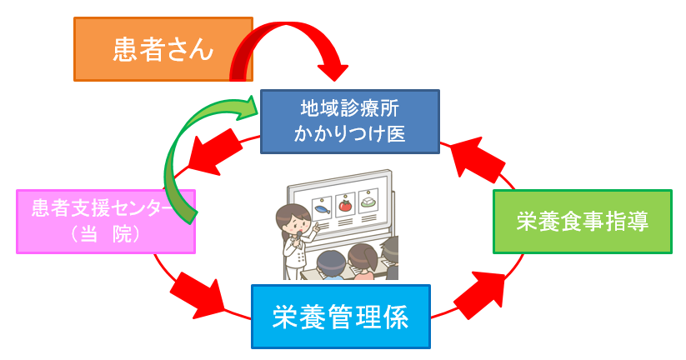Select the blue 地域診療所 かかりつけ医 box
pyautogui.click(x=349, y=121)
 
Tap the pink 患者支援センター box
pyautogui.click(x=105, y=221)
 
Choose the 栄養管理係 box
pyautogui.click(x=340, y=317)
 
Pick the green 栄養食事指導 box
pyautogui.click(x=582, y=222)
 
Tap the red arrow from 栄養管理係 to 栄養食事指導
pyautogui.click(x=478, y=292)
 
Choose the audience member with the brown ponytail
pyautogui.click(x=363, y=259)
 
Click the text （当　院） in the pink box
pyautogui.click(x=105, y=235)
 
